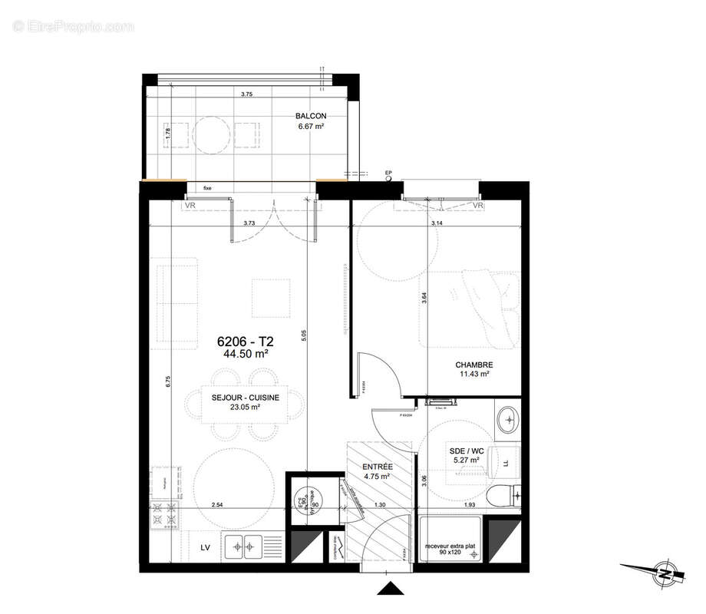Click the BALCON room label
(x=311, y=117)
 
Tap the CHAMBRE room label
(x=474, y=365)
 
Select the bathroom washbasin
(x=507, y=419)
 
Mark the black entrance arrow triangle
(x=391, y=589)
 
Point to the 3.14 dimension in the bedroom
(x=438, y=223)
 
